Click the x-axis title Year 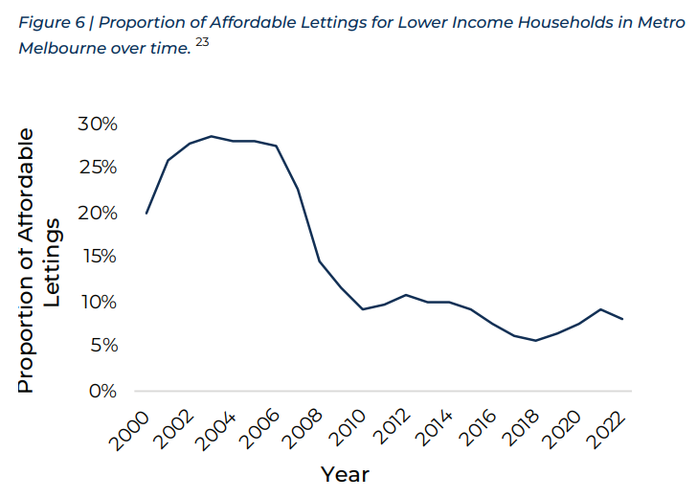pyautogui.click(x=345, y=474)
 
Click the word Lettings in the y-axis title pyautogui.click(x=54, y=263)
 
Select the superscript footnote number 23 pyautogui.click(x=201, y=40)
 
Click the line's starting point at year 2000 pyautogui.click(x=146, y=213)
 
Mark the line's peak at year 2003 pyautogui.click(x=212, y=136)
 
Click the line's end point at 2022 pyautogui.click(x=623, y=319)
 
